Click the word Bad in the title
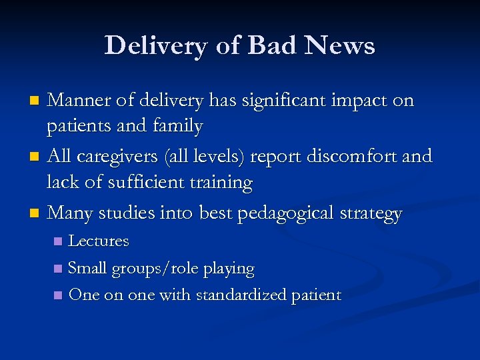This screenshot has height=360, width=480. (x=265, y=45)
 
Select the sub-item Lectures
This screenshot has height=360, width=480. (x=99, y=241)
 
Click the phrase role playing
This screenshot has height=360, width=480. (x=218, y=269)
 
